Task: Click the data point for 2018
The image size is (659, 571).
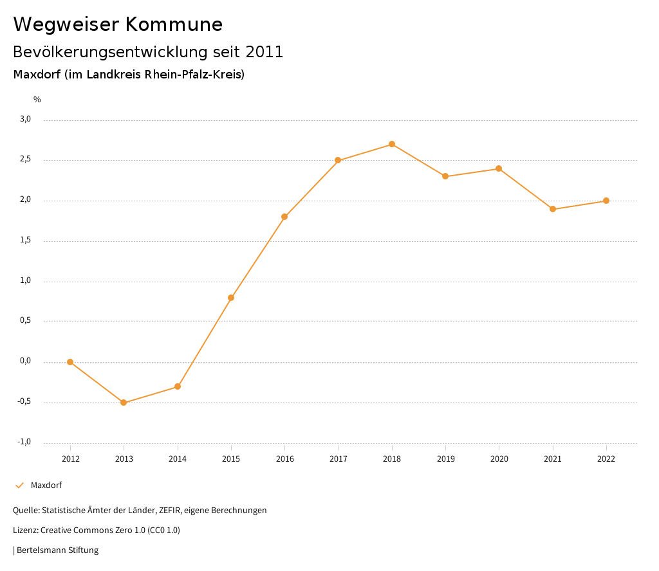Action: [x=391, y=144]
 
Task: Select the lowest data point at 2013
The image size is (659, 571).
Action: [x=124, y=403]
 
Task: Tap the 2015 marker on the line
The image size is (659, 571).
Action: [x=231, y=298]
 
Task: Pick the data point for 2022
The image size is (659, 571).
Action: [x=606, y=201]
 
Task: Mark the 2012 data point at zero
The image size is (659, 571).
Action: [x=70, y=362]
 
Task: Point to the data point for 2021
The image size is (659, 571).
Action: [x=553, y=209]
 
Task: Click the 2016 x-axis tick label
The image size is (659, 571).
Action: [x=284, y=458]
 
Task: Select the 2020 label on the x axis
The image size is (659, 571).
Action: [x=499, y=458]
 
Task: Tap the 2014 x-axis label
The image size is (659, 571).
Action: [x=178, y=458]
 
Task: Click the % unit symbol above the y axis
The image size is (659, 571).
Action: [x=37, y=100]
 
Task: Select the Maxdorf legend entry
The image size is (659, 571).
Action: [x=46, y=485]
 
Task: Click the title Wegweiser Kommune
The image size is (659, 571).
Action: [x=118, y=24]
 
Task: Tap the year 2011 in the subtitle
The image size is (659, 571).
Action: [x=265, y=52]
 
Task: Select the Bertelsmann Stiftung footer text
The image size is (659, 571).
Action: [x=57, y=550]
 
